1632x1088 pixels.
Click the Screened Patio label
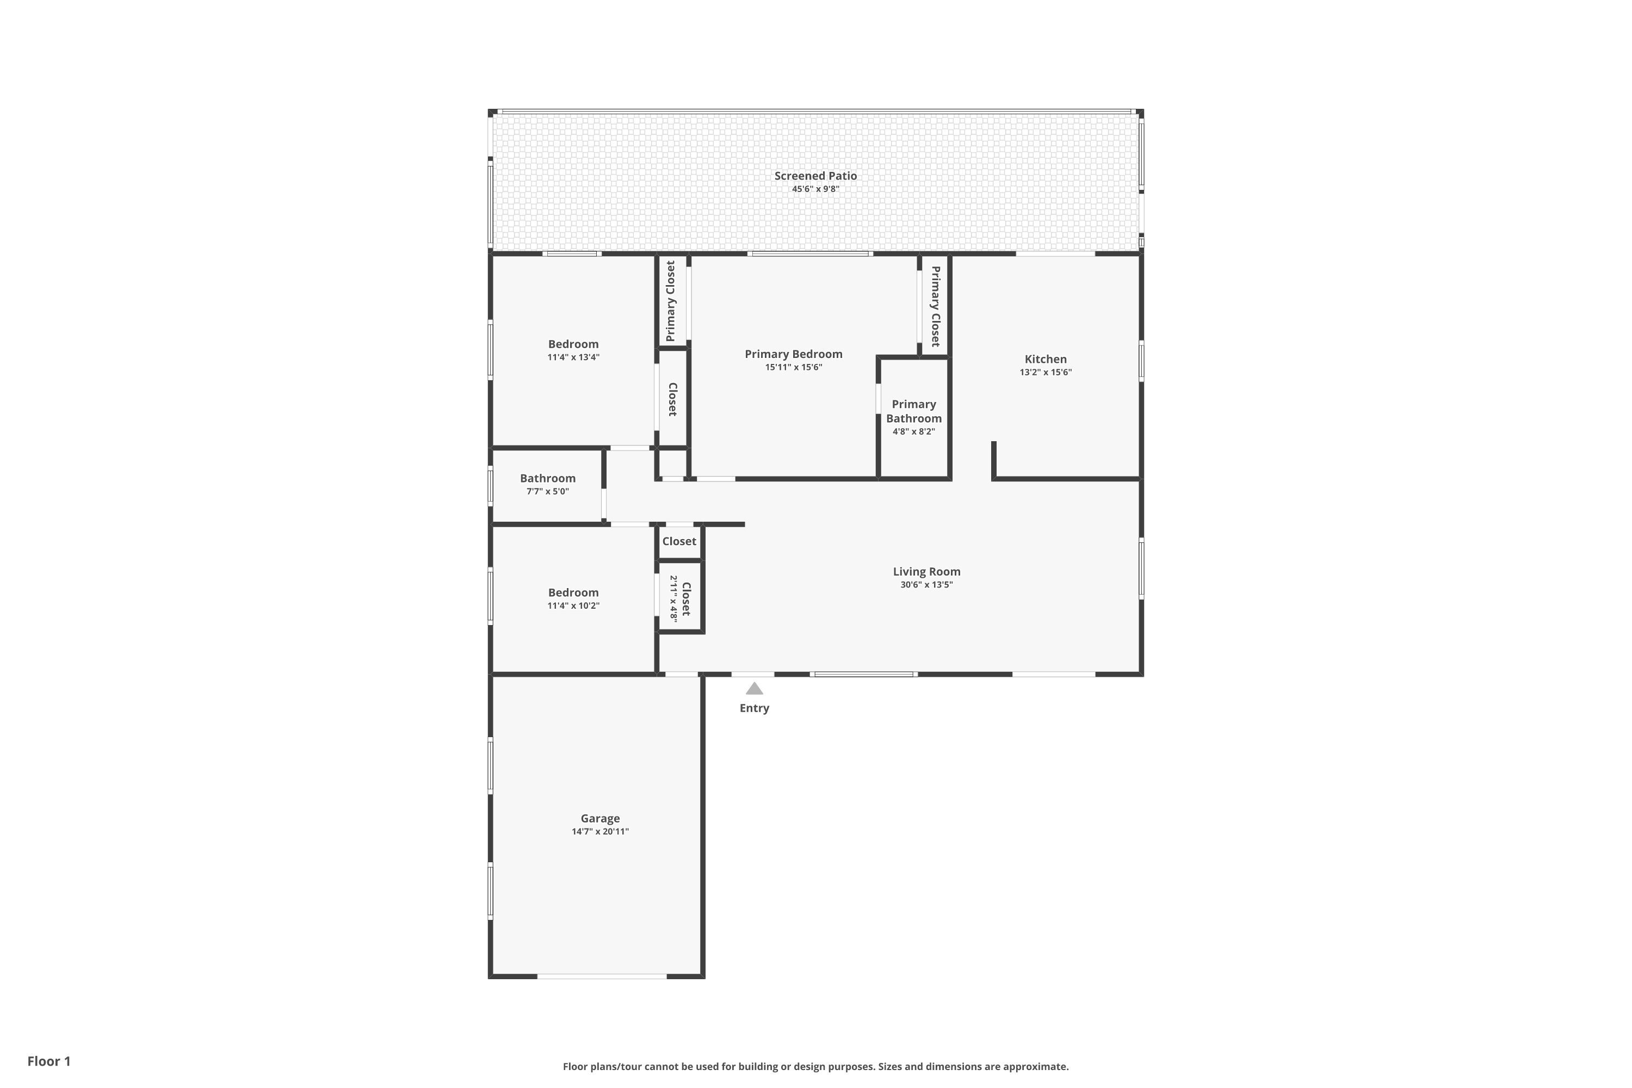click(x=815, y=176)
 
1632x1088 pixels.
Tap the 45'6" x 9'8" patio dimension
click(x=815, y=189)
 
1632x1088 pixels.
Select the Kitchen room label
click(x=1045, y=358)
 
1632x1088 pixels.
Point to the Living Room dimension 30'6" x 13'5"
click(x=926, y=585)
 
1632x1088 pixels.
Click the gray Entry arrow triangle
click(x=754, y=689)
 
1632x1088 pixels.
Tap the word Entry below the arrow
click(x=754, y=708)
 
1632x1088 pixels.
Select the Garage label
click(x=599, y=818)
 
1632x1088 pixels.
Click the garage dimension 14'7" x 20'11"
click(x=599, y=831)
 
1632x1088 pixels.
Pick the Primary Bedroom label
click(x=793, y=354)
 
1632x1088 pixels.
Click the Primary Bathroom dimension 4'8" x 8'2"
click(x=913, y=431)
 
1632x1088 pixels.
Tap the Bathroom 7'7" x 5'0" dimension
click(x=547, y=491)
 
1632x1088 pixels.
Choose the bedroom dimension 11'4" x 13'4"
click(x=573, y=357)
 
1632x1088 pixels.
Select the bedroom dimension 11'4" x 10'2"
click(x=573, y=606)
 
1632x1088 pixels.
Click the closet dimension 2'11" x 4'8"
click(x=673, y=598)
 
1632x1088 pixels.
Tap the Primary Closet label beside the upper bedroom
click(x=670, y=301)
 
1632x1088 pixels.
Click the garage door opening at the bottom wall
click(x=602, y=976)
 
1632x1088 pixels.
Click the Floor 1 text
click(x=48, y=1061)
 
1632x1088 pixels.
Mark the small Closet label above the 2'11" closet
click(x=678, y=541)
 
